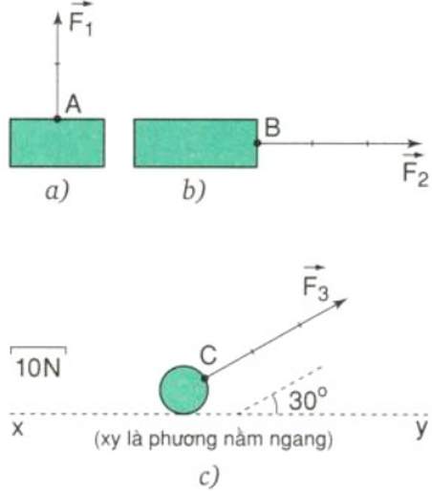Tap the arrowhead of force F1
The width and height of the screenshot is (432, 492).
click(57, 17)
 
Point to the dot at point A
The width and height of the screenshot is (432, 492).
click(57, 119)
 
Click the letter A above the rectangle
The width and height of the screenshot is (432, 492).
click(74, 104)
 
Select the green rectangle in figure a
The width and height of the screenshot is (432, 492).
click(57, 142)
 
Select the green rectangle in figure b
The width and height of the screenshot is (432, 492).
click(196, 143)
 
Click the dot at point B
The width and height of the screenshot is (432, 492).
click(257, 143)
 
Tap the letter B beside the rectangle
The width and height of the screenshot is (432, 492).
click(272, 128)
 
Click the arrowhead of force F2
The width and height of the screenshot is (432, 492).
click(415, 143)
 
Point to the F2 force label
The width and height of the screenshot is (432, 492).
click(415, 171)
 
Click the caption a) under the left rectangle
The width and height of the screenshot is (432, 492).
click(57, 192)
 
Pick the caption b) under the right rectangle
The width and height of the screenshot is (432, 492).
click(194, 191)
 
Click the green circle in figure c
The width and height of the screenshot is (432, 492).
click(184, 390)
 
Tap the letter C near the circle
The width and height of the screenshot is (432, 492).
click(208, 355)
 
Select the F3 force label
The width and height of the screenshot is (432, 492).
click(315, 284)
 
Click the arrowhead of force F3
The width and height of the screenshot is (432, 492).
click(340, 303)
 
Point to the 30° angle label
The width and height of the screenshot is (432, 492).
click(308, 399)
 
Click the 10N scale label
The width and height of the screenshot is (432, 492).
click(38, 368)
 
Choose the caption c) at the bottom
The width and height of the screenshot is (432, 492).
click(209, 477)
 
